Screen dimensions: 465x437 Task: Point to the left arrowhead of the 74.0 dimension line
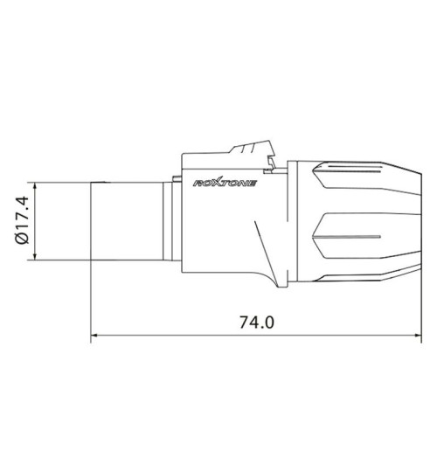tap(95, 337)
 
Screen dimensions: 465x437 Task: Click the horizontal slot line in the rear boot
tap(350, 237)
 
